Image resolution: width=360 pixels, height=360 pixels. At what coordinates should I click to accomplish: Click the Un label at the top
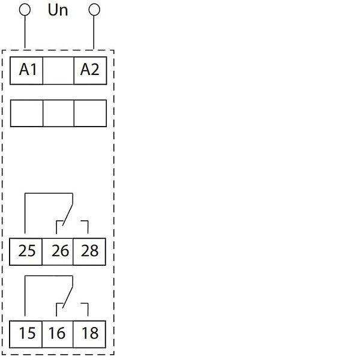coord(58,10)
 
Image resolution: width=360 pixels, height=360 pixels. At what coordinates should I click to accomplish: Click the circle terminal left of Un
coord(25,10)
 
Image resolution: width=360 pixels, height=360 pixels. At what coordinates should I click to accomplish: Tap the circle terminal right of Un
coord(94,10)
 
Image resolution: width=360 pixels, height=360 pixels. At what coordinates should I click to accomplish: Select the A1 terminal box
coord(27,70)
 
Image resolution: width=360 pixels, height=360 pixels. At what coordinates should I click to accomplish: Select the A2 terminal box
coord(89,70)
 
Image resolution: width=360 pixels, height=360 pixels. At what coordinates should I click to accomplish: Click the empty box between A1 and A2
coord(58,70)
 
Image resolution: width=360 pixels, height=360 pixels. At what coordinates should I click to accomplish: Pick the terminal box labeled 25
coord(27,251)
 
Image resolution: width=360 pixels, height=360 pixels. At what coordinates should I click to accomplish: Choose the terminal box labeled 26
coord(58,251)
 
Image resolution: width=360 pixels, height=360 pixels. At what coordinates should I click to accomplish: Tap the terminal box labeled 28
coord(89,251)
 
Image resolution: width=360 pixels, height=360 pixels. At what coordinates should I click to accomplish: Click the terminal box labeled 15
coord(27,332)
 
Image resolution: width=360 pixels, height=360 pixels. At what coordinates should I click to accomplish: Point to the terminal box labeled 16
coord(58,332)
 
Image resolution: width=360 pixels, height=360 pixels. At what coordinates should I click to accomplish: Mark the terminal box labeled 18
coord(89,332)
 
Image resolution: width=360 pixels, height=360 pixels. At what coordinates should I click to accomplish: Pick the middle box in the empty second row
coord(58,113)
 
